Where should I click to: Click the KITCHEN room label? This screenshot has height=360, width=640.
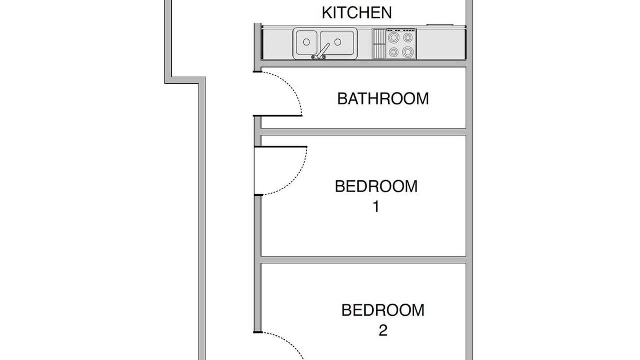tap(357, 13)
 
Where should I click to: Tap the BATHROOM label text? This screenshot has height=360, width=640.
tap(383, 99)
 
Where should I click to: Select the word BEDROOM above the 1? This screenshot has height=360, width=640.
tap(376, 186)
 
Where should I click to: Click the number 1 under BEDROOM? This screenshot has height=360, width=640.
tap(376, 207)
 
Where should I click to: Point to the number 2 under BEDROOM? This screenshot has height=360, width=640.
tap(383, 330)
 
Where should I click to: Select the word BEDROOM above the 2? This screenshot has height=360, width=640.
tap(383, 310)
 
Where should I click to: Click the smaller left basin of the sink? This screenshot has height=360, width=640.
tap(307, 43)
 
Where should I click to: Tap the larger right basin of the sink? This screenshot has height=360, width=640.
tap(337, 43)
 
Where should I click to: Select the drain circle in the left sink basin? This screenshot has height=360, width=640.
tap(306, 42)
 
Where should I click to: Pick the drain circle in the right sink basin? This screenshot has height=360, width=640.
tap(338, 42)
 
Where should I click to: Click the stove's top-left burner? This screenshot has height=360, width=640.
tap(393, 37)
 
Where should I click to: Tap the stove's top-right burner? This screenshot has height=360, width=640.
tap(408, 37)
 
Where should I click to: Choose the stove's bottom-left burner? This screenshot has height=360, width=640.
tap(393, 52)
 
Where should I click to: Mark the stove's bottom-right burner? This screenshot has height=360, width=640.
tap(408, 52)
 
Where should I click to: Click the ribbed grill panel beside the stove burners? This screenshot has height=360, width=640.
tap(379, 44)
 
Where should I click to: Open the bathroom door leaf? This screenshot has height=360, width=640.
tap(277, 115)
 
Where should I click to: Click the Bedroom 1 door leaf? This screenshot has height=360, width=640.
tap(281, 147)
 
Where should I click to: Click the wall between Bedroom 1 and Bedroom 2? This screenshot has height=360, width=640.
tap(363, 260)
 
